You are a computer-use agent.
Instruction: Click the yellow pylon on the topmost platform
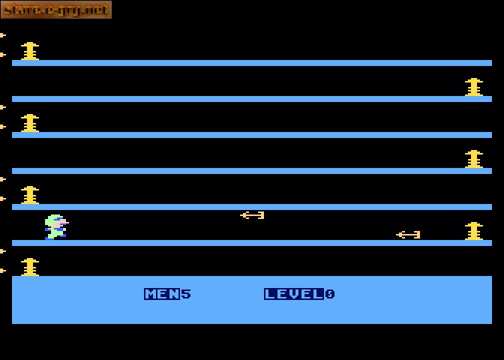30,51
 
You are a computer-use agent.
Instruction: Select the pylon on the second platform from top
474,87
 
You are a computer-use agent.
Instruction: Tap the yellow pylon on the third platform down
30,123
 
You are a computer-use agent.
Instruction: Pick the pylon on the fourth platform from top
474,159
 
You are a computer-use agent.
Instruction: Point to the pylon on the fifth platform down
30,195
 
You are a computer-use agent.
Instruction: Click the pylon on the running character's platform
474,231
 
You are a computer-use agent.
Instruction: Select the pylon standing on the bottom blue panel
30,267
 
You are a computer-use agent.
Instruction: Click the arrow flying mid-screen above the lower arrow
252,215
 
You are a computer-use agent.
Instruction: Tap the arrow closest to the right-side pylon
408,235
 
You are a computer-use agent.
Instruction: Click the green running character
56,227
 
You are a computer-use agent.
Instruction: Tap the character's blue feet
55,237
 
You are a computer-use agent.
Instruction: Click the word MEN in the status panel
162,294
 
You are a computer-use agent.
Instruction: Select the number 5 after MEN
186,294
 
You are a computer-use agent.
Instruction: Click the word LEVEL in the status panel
294,294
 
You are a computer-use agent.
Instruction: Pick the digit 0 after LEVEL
330,294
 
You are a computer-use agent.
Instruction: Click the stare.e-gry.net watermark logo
56,10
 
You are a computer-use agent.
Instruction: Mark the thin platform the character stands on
252,243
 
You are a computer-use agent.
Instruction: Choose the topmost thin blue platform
252,63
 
